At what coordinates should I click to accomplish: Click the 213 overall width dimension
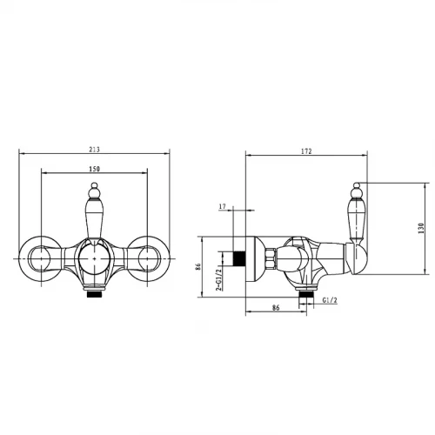point(94,150)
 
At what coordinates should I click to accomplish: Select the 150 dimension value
point(94,169)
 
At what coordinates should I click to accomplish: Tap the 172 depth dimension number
point(306,151)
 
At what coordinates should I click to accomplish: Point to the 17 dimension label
point(223,206)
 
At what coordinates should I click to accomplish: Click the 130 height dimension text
point(421,228)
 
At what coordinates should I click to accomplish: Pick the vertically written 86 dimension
point(198,266)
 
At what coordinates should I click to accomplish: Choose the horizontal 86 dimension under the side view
point(276,307)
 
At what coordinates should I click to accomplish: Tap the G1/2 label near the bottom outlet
point(330,300)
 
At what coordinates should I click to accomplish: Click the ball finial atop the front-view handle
point(94,185)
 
